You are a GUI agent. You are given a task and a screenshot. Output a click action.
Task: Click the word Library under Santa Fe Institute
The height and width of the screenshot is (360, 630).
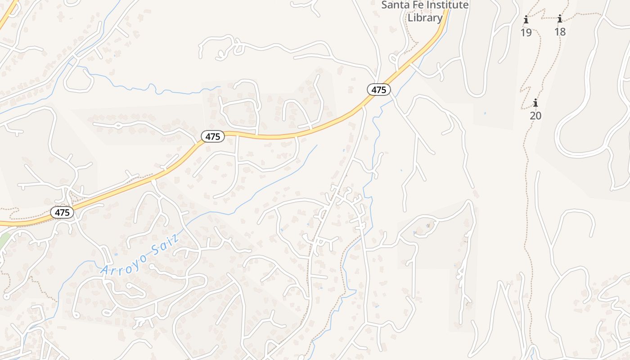(x=425, y=18)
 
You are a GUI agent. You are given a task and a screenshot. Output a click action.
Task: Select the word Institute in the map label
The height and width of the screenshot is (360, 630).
(x=447, y=5)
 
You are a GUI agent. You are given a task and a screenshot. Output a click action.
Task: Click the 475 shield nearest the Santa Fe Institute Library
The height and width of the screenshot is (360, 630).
(x=379, y=90)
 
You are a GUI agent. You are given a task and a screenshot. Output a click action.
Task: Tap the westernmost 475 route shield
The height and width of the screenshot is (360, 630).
(x=62, y=212)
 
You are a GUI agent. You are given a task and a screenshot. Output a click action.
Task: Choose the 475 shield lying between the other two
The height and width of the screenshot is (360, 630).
(x=213, y=136)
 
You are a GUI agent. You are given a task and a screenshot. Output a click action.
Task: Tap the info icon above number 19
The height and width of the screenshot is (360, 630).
(x=526, y=20)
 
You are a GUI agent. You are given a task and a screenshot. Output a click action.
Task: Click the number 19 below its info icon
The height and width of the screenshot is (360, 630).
(x=526, y=32)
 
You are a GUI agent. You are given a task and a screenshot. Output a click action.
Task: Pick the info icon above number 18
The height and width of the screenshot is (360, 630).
(x=560, y=19)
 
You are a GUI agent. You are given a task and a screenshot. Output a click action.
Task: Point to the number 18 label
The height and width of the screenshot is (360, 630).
(x=560, y=32)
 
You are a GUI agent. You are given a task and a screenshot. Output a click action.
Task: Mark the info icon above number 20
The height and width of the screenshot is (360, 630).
(x=535, y=103)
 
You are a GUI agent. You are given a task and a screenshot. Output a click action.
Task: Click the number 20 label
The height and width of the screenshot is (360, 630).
(x=535, y=116)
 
